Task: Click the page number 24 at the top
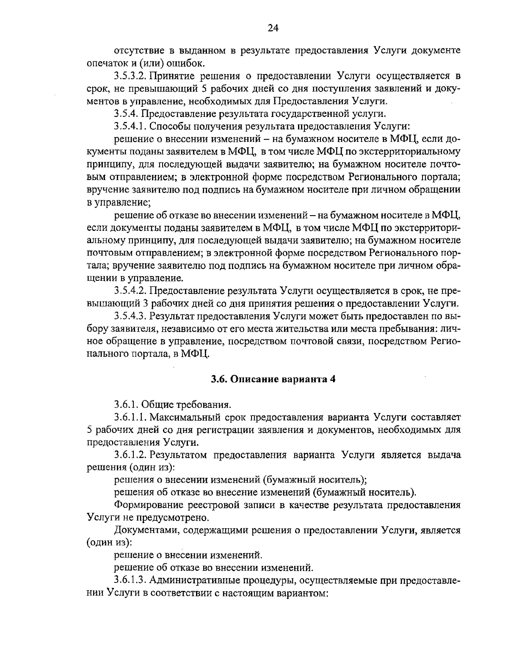pos(273,28)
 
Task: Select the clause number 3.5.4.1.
pos(130,126)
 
